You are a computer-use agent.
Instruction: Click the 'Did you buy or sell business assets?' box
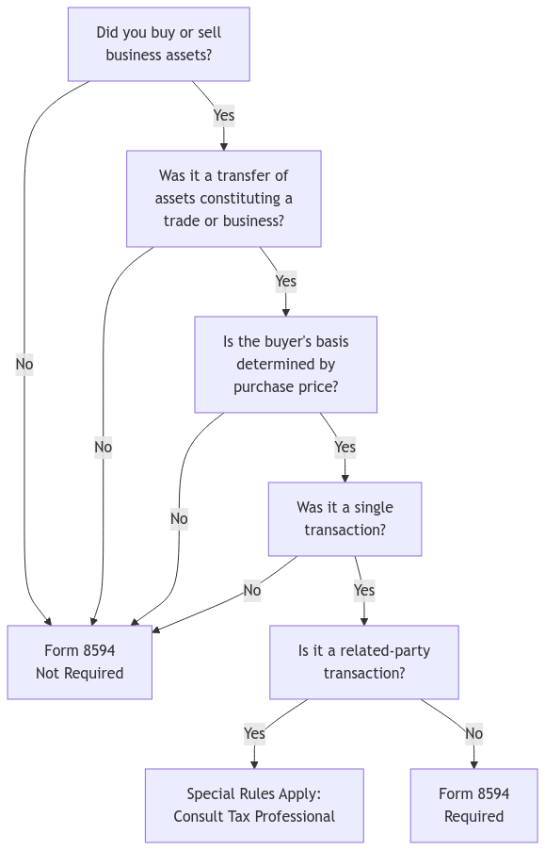pos(158,44)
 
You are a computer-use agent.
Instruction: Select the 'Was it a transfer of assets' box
pos(224,199)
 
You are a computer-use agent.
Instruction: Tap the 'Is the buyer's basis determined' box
pos(285,365)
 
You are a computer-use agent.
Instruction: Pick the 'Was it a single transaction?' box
pos(345,519)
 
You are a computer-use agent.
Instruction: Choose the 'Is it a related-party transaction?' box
pos(363,662)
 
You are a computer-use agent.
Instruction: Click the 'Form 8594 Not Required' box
pos(79,662)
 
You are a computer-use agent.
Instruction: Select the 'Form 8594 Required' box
pos(473,805)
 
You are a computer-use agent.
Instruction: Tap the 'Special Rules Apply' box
pos(253,805)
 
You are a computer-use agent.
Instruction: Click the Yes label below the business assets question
pos(224,116)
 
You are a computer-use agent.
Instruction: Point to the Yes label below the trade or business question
pos(285,281)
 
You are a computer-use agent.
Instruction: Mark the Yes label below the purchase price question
pos(345,447)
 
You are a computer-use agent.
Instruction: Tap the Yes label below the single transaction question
pos(363,591)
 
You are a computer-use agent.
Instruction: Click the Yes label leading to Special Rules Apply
pos(253,733)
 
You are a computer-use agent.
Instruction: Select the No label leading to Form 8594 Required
pos(473,733)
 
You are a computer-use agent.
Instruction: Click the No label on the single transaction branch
pos(251,591)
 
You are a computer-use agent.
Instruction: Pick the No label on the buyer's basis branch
pos(179,518)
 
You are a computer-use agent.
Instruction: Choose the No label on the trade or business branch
pos(103,448)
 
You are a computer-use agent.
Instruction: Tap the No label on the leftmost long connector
pos(24,364)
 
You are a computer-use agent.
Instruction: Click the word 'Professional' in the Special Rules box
pos(295,816)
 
